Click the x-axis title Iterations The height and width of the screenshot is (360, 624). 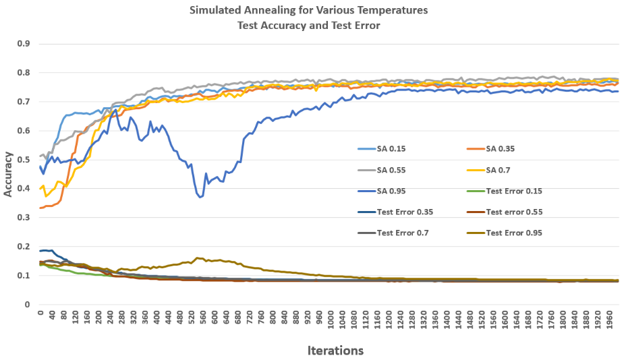[x=335, y=351]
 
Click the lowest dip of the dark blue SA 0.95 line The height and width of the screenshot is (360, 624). [x=200, y=197]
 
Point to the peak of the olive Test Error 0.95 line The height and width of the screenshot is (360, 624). [x=197, y=258]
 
